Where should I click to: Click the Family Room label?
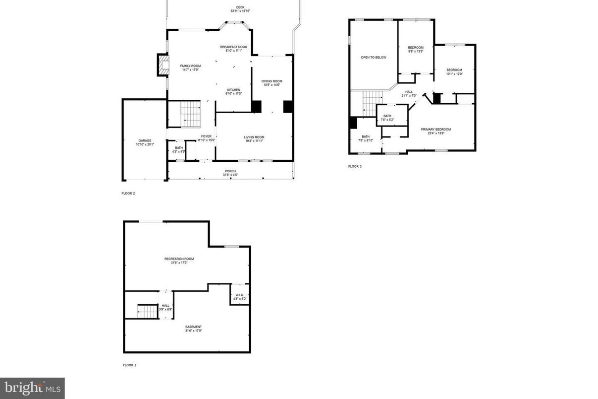point(190,68)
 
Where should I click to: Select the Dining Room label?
point(272,83)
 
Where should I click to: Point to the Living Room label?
point(254,139)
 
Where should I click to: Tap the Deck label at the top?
point(240,9)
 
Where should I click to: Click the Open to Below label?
point(373,58)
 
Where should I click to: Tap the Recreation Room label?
point(179,261)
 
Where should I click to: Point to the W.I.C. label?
point(240,297)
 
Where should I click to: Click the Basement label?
point(193,329)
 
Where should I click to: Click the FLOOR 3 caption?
point(355,166)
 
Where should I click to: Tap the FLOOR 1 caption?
point(129,365)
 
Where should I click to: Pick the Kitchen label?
point(233,92)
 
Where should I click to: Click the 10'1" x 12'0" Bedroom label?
point(454,72)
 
